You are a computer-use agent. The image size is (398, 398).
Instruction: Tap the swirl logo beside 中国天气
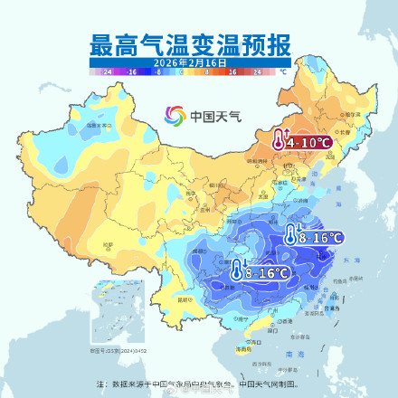tap(174, 116)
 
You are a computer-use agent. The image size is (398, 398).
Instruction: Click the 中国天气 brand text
tap(210, 117)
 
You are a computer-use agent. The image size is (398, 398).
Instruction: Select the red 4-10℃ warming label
tap(308, 142)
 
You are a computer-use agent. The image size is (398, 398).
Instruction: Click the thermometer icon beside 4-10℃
tap(278, 140)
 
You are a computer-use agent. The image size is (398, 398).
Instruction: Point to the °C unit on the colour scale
tap(283, 70)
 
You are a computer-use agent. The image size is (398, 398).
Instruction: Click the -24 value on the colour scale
tap(108, 70)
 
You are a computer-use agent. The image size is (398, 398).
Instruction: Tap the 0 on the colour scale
tap(182, 70)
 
